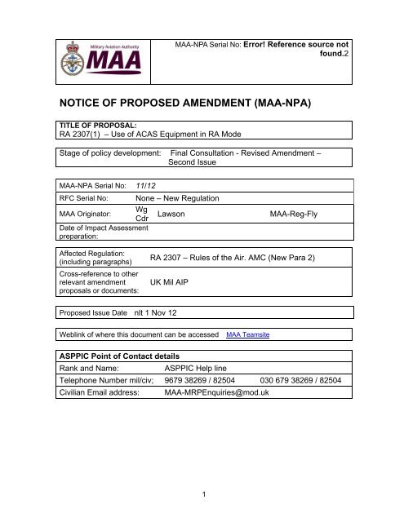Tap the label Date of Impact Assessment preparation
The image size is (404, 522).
(x=97, y=232)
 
